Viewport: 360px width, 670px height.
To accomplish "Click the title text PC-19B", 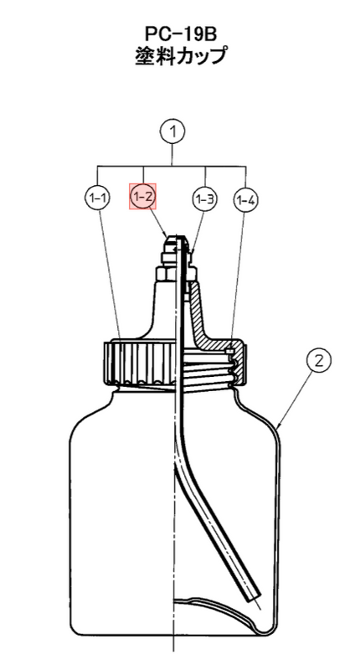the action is [180, 34].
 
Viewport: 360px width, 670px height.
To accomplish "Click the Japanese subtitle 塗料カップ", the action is [180, 56].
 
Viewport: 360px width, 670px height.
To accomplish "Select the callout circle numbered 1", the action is [172, 131].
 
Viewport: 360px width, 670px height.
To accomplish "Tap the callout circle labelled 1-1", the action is [98, 198].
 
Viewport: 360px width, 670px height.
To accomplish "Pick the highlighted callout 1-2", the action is [143, 197].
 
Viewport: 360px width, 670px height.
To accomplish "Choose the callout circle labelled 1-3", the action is [204, 198].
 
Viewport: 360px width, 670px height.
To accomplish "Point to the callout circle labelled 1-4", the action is [245, 199].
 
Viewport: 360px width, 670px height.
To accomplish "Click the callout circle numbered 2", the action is [319, 361].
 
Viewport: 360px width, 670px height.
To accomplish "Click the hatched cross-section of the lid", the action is [213, 325].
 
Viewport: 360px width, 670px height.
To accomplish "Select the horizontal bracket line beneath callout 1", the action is [172, 165].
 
